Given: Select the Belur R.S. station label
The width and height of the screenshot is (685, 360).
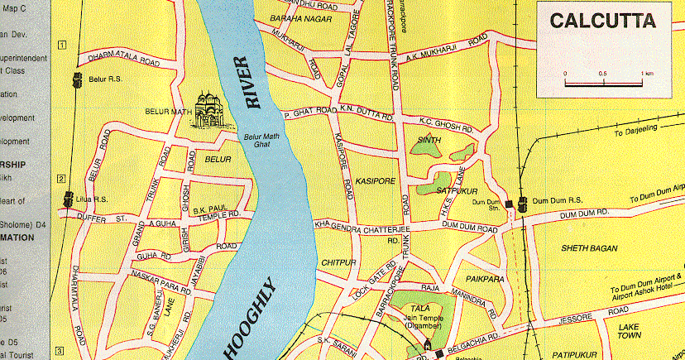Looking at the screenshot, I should click(x=103, y=80).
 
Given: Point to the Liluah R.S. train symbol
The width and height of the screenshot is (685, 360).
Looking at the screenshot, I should click(x=68, y=199).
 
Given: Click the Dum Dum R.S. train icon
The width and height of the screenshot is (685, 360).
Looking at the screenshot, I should click(x=522, y=203).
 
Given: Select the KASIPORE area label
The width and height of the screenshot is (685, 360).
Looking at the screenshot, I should click(x=376, y=180).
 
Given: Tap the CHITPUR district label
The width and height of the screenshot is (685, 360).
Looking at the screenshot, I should click(x=338, y=262).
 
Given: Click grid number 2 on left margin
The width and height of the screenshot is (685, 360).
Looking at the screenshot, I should click(x=60, y=178).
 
